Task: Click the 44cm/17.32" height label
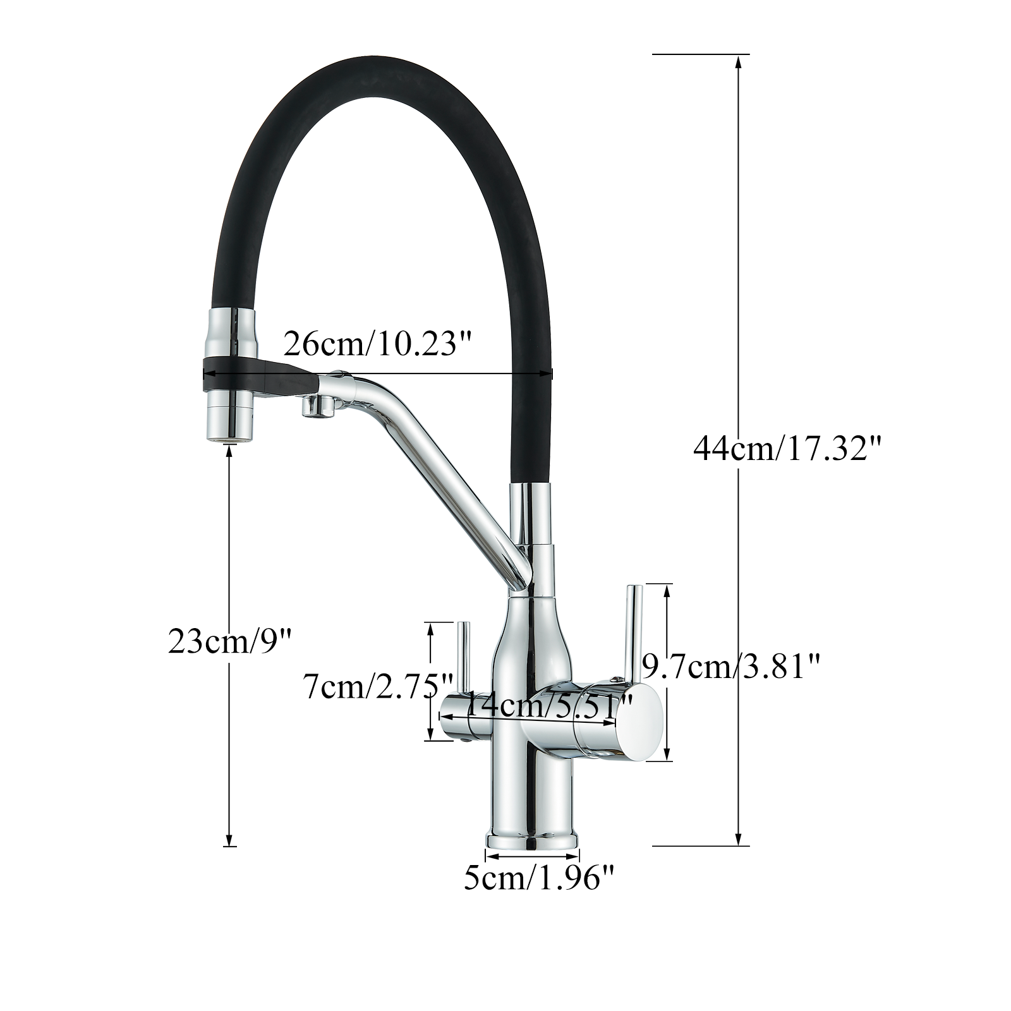tap(787, 449)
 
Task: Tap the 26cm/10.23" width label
tap(378, 344)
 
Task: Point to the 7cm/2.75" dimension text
tap(378, 687)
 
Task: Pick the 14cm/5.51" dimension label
tap(548, 705)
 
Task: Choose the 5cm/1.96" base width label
tap(539, 878)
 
